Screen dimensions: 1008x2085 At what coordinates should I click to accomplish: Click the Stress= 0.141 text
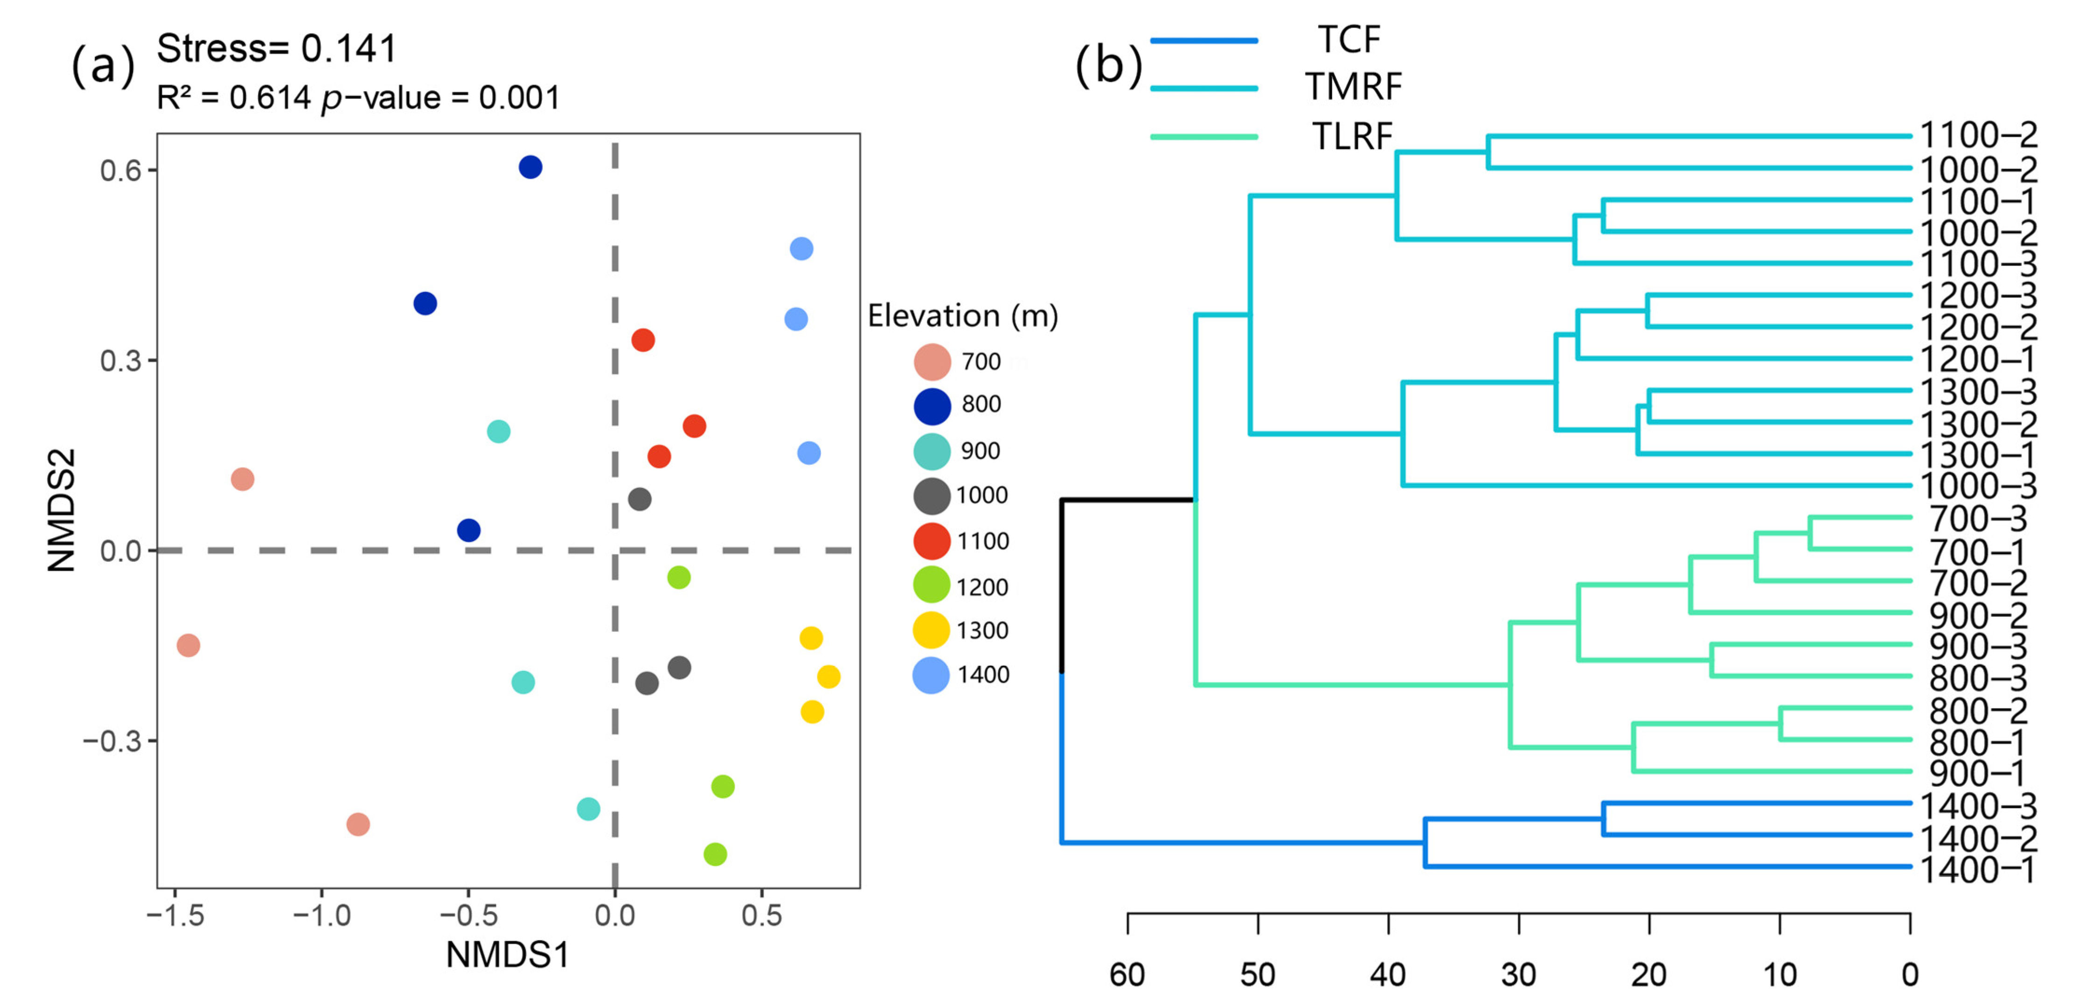(276, 49)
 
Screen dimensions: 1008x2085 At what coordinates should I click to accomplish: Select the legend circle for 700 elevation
(931, 361)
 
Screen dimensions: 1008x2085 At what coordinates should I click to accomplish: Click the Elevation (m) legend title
(962, 316)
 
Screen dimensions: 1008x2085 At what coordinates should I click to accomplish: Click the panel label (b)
(1108, 65)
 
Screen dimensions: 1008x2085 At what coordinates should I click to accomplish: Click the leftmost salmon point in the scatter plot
(188, 645)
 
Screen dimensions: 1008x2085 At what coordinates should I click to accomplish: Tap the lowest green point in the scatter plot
(715, 854)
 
